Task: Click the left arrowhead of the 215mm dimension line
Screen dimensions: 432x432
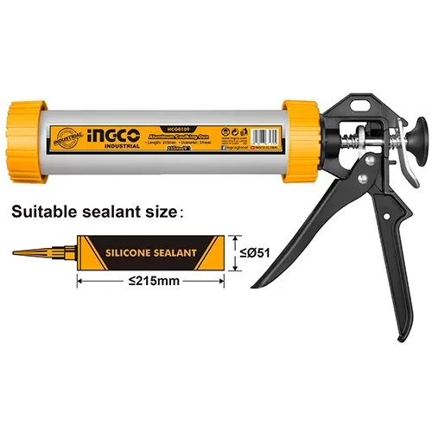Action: click(80, 279)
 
